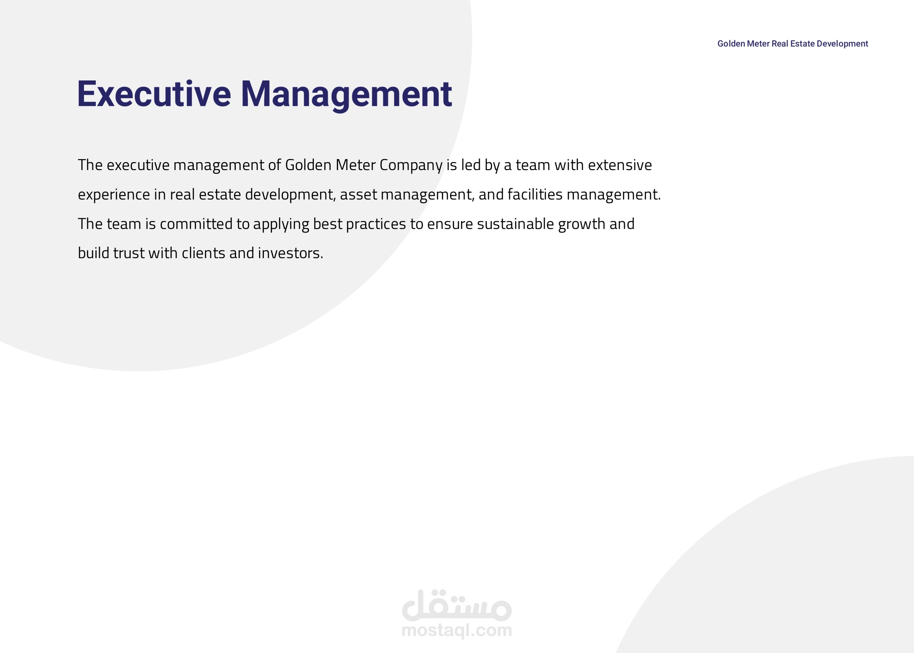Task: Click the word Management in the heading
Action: [x=346, y=96]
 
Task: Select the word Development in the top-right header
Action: [x=843, y=44]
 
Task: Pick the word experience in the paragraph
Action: [x=114, y=195]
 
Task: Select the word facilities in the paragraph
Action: [x=535, y=194]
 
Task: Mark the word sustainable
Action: [x=516, y=224]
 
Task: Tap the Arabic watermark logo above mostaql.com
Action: [x=457, y=605]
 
